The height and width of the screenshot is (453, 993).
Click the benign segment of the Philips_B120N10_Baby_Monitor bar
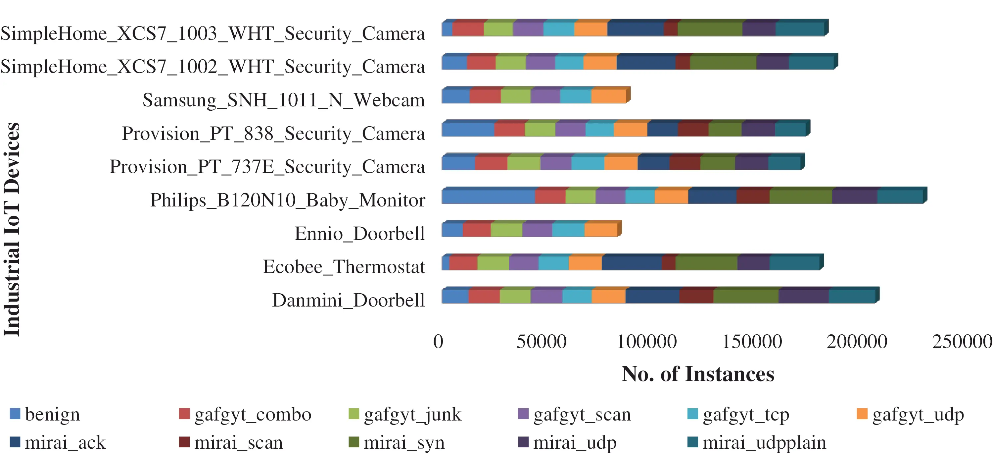(488, 197)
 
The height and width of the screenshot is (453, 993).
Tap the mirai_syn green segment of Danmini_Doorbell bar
(745, 296)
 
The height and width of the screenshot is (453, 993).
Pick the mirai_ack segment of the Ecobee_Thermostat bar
(632, 263)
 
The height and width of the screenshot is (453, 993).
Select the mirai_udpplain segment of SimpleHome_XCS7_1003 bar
(800, 29)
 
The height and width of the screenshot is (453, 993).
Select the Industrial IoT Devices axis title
(12, 229)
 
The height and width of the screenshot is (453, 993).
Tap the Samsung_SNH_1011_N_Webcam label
(284, 100)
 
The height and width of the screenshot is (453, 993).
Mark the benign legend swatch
(15, 414)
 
